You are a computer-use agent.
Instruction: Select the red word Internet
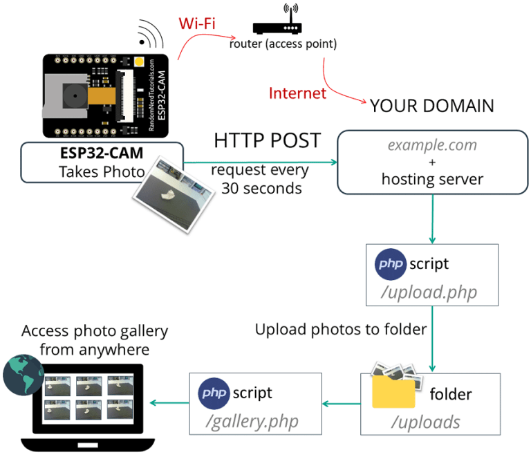point(297,93)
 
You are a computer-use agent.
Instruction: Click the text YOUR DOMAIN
point(432,106)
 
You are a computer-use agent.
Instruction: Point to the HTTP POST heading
point(267,141)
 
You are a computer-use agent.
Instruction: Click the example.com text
point(432,146)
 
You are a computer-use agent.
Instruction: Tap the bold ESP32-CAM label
point(102,153)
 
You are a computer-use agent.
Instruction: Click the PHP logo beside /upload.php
point(391,265)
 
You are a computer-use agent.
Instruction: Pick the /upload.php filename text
point(431,292)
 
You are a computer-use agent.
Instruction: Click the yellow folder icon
point(393,392)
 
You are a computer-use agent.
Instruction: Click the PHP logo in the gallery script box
point(214,393)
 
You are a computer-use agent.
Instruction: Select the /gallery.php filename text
point(255,420)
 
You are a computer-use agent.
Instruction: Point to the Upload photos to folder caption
point(340,330)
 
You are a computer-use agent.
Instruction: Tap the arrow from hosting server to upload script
point(432,218)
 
